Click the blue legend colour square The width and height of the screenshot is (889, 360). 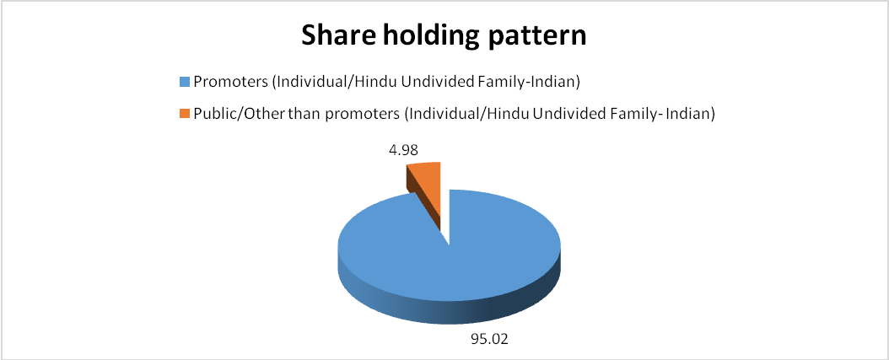(x=184, y=83)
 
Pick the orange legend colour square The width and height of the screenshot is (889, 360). (x=184, y=113)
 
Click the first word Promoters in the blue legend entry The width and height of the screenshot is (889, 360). (x=229, y=83)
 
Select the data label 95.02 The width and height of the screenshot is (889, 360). (x=489, y=339)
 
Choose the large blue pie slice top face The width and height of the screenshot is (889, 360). (x=448, y=255)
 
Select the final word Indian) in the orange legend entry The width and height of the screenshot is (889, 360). (x=692, y=113)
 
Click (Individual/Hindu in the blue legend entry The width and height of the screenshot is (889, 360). (x=340, y=83)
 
